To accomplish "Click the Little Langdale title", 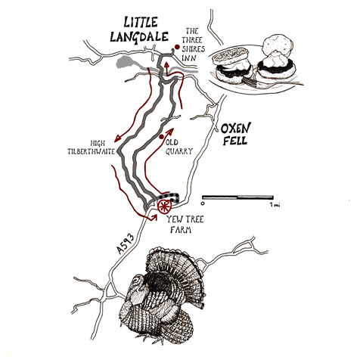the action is click(x=139, y=29).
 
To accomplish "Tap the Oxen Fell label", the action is click(x=235, y=134).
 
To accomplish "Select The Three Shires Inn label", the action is click(x=193, y=45).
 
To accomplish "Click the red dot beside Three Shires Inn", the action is click(x=177, y=47).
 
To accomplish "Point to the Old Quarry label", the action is click(x=179, y=147).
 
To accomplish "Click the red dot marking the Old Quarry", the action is click(x=162, y=137).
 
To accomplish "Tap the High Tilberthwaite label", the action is click(x=92, y=147).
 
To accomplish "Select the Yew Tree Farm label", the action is click(x=184, y=225).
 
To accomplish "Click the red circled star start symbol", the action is click(x=165, y=206).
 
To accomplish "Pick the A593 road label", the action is click(x=126, y=244).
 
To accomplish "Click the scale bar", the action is click(x=237, y=197).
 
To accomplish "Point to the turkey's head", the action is click(x=137, y=282).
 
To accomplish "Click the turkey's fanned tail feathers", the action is click(x=176, y=267).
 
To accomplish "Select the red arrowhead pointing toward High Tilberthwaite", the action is click(x=117, y=138).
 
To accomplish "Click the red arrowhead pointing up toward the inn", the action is click(x=166, y=64).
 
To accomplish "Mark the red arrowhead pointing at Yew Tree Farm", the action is click(x=154, y=217).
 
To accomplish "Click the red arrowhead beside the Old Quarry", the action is click(x=170, y=132).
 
